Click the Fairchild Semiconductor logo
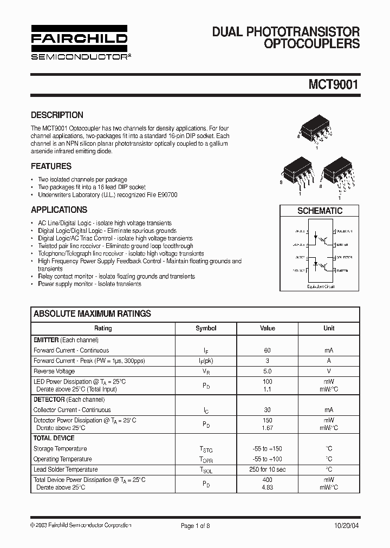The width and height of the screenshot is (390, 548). click(x=79, y=42)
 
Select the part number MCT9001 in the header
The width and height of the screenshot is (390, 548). click(x=334, y=84)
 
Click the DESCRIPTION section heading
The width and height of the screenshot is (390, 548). click(x=57, y=115)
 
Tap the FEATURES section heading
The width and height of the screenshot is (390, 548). click(x=51, y=166)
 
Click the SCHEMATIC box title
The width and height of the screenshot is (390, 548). click(x=320, y=211)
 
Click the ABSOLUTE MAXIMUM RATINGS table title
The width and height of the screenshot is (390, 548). click(x=92, y=314)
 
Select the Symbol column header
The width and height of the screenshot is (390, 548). click(x=206, y=328)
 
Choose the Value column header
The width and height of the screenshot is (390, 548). click(x=268, y=328)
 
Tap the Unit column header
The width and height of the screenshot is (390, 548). click(x=329, y=328)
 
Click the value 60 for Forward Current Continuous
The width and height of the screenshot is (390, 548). click(x=268, y=350)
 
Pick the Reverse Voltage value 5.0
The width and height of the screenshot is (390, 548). click(x=268, y=371)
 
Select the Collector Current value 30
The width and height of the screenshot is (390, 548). click(x=268, y=410)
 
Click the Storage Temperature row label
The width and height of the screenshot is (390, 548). click(x=60, y=448)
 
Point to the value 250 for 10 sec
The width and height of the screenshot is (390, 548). click(x=268, y=469)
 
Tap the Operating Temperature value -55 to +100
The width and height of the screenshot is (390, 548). click(x=268, y=459)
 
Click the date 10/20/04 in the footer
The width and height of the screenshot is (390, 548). click(x=345, y=525)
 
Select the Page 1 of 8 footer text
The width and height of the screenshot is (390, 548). click(x=195, y=525)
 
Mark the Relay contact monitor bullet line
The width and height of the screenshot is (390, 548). click(x=116, y=276)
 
